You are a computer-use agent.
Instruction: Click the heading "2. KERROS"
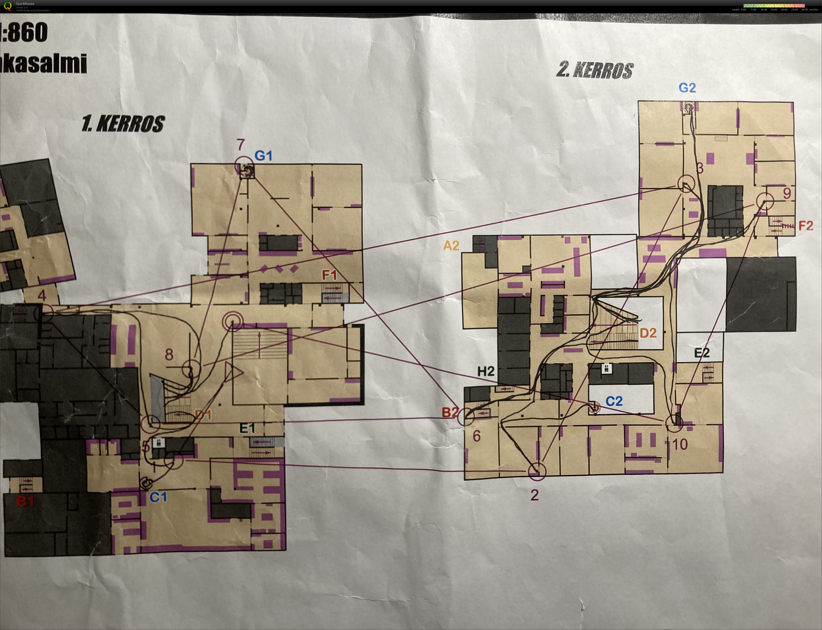pyautogui.click(x=595, y=70)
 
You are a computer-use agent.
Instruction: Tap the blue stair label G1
pyautogui.click(x=263, y=156)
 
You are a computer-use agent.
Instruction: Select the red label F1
pyautogui.click(x=329, y=276)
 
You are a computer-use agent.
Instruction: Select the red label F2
pyautogui.click(x=806, y=226)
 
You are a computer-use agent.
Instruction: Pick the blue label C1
pyautogui.click(x=158, y=497)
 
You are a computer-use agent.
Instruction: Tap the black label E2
pyautogui.click(x=702, y=353)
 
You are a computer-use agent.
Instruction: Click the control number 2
pyautogui.click(x=534, y=495)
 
